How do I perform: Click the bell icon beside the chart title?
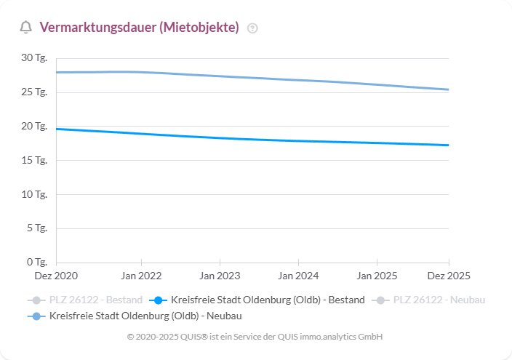click(25, 28)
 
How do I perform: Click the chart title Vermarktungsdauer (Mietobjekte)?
click(139, 28)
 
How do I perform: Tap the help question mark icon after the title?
click(252, 28)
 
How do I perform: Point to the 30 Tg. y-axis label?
click(34, 58)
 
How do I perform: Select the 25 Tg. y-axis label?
click(34, 92)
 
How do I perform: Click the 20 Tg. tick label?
click(34, 127)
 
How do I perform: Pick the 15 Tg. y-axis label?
click(34, 160)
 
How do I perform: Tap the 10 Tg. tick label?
click(34, 194)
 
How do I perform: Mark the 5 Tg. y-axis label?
click(36, 228)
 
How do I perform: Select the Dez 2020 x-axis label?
click(56, 276)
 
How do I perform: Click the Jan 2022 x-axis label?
click(141, 276)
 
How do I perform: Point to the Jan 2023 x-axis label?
click(220, 276)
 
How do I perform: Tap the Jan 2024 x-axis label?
click(297, 276)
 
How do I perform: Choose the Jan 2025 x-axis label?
click(376, 276)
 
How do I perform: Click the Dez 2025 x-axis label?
click(448, 276)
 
